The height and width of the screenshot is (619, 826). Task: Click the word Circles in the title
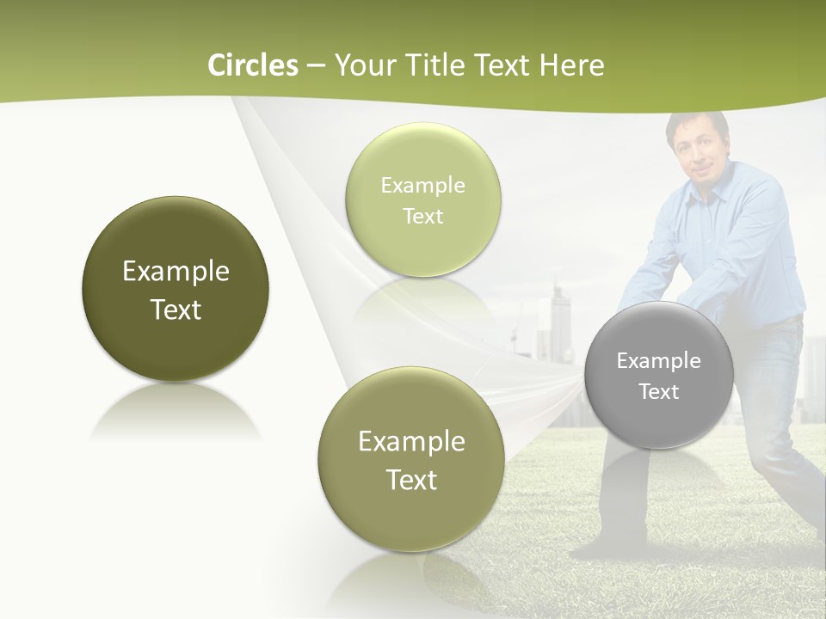tap(253, 65)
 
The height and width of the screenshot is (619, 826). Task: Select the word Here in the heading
tap(572, 65)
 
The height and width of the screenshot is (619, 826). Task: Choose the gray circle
tap(659, 375)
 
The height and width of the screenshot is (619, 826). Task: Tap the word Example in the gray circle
tap(659, 360)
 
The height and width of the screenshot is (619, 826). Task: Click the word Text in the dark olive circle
tap(176, 309)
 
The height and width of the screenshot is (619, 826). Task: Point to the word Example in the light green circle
tap(422, 185)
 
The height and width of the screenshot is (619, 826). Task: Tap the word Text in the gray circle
tap(659, 391)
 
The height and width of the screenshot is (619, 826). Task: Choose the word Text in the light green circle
tap(422, 216)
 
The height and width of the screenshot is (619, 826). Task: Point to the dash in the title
tap(316, 65)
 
